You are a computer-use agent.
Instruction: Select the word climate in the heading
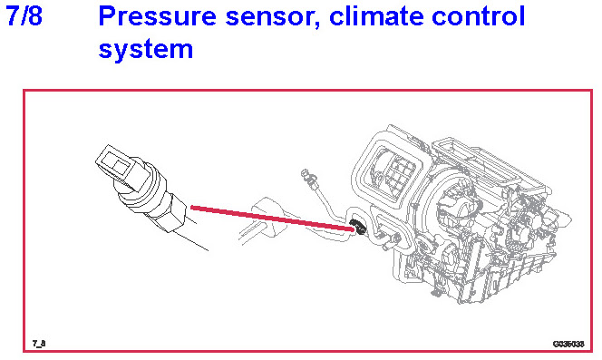376,16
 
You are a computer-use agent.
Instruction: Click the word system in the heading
145,51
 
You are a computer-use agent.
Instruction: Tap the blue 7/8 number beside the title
24,16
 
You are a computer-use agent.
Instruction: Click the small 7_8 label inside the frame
39,343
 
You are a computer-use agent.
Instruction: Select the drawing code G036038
568,344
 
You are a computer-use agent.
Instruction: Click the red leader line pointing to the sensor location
272,219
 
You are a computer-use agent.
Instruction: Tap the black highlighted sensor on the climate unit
359,227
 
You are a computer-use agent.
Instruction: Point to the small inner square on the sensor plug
121,166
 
